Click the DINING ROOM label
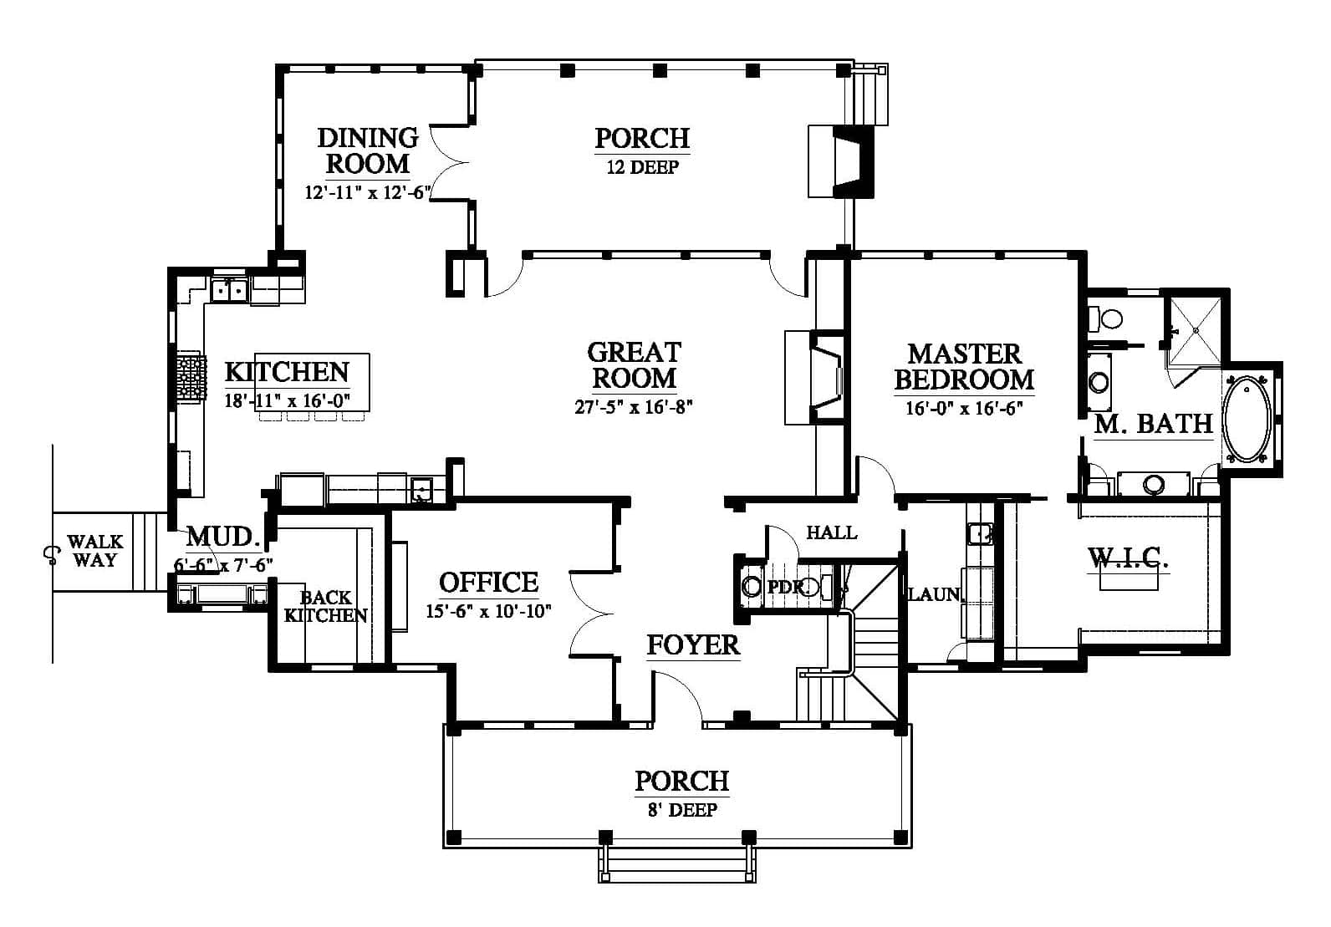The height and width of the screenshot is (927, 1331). pos(368,150)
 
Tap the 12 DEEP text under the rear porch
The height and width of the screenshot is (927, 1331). pos(642,167)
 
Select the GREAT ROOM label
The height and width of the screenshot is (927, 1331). pos(634,364)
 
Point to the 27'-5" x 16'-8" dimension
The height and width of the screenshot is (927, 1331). pos(634,407)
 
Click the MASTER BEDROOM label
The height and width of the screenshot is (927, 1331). pos(964,367)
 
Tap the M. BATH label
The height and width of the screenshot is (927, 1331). pos(1153,424)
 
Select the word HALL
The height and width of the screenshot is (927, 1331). pos(832,532)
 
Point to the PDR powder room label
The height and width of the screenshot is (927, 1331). pos(786,587)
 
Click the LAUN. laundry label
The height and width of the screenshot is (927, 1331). pos(936,593)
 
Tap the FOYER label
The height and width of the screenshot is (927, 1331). pos(693,644)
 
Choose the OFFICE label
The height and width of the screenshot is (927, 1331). pos(488,583)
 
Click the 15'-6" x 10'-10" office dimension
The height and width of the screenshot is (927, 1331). pos(488,612)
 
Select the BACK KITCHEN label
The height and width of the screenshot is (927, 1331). pos(325,606)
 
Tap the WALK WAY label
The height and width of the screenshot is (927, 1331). pos(95,551)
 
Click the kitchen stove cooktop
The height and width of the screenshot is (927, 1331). pos(191,377)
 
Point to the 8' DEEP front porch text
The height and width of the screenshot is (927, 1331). pos(682,809)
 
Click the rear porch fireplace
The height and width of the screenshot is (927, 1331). pos(841,161)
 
